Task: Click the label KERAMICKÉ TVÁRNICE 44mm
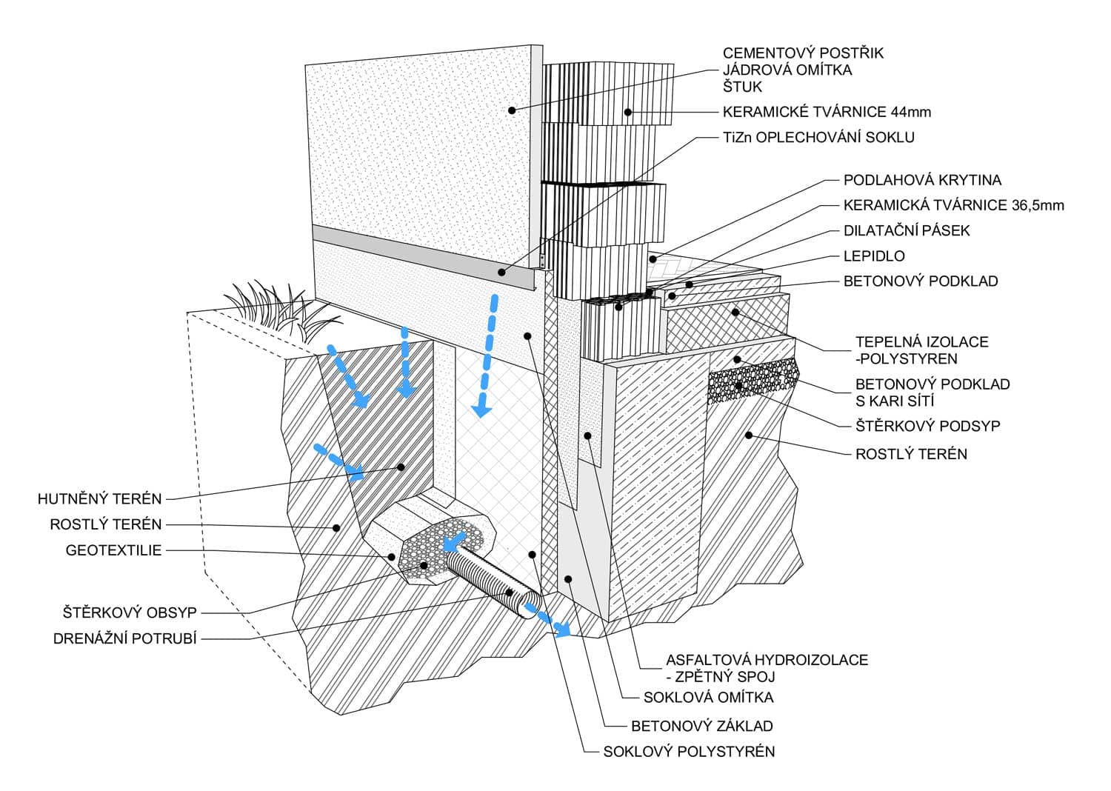tap(827, 113)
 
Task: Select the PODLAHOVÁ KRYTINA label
tap(922, 180)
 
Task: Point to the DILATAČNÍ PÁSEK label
tap(907, 230)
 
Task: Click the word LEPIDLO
tap(874, 256)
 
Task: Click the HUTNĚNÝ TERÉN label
tap(99, 499)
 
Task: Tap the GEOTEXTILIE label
tap(113, 550)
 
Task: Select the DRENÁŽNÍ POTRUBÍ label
tap(124, 638)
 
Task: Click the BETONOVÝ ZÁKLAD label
tap(701, 726)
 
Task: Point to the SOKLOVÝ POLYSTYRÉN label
tap(689, 752)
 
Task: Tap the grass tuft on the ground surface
tap(274, 307)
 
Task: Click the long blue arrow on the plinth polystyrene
tap(487, 356)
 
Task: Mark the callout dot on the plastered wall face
tap(511, 110)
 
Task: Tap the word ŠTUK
tap(742, 87)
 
